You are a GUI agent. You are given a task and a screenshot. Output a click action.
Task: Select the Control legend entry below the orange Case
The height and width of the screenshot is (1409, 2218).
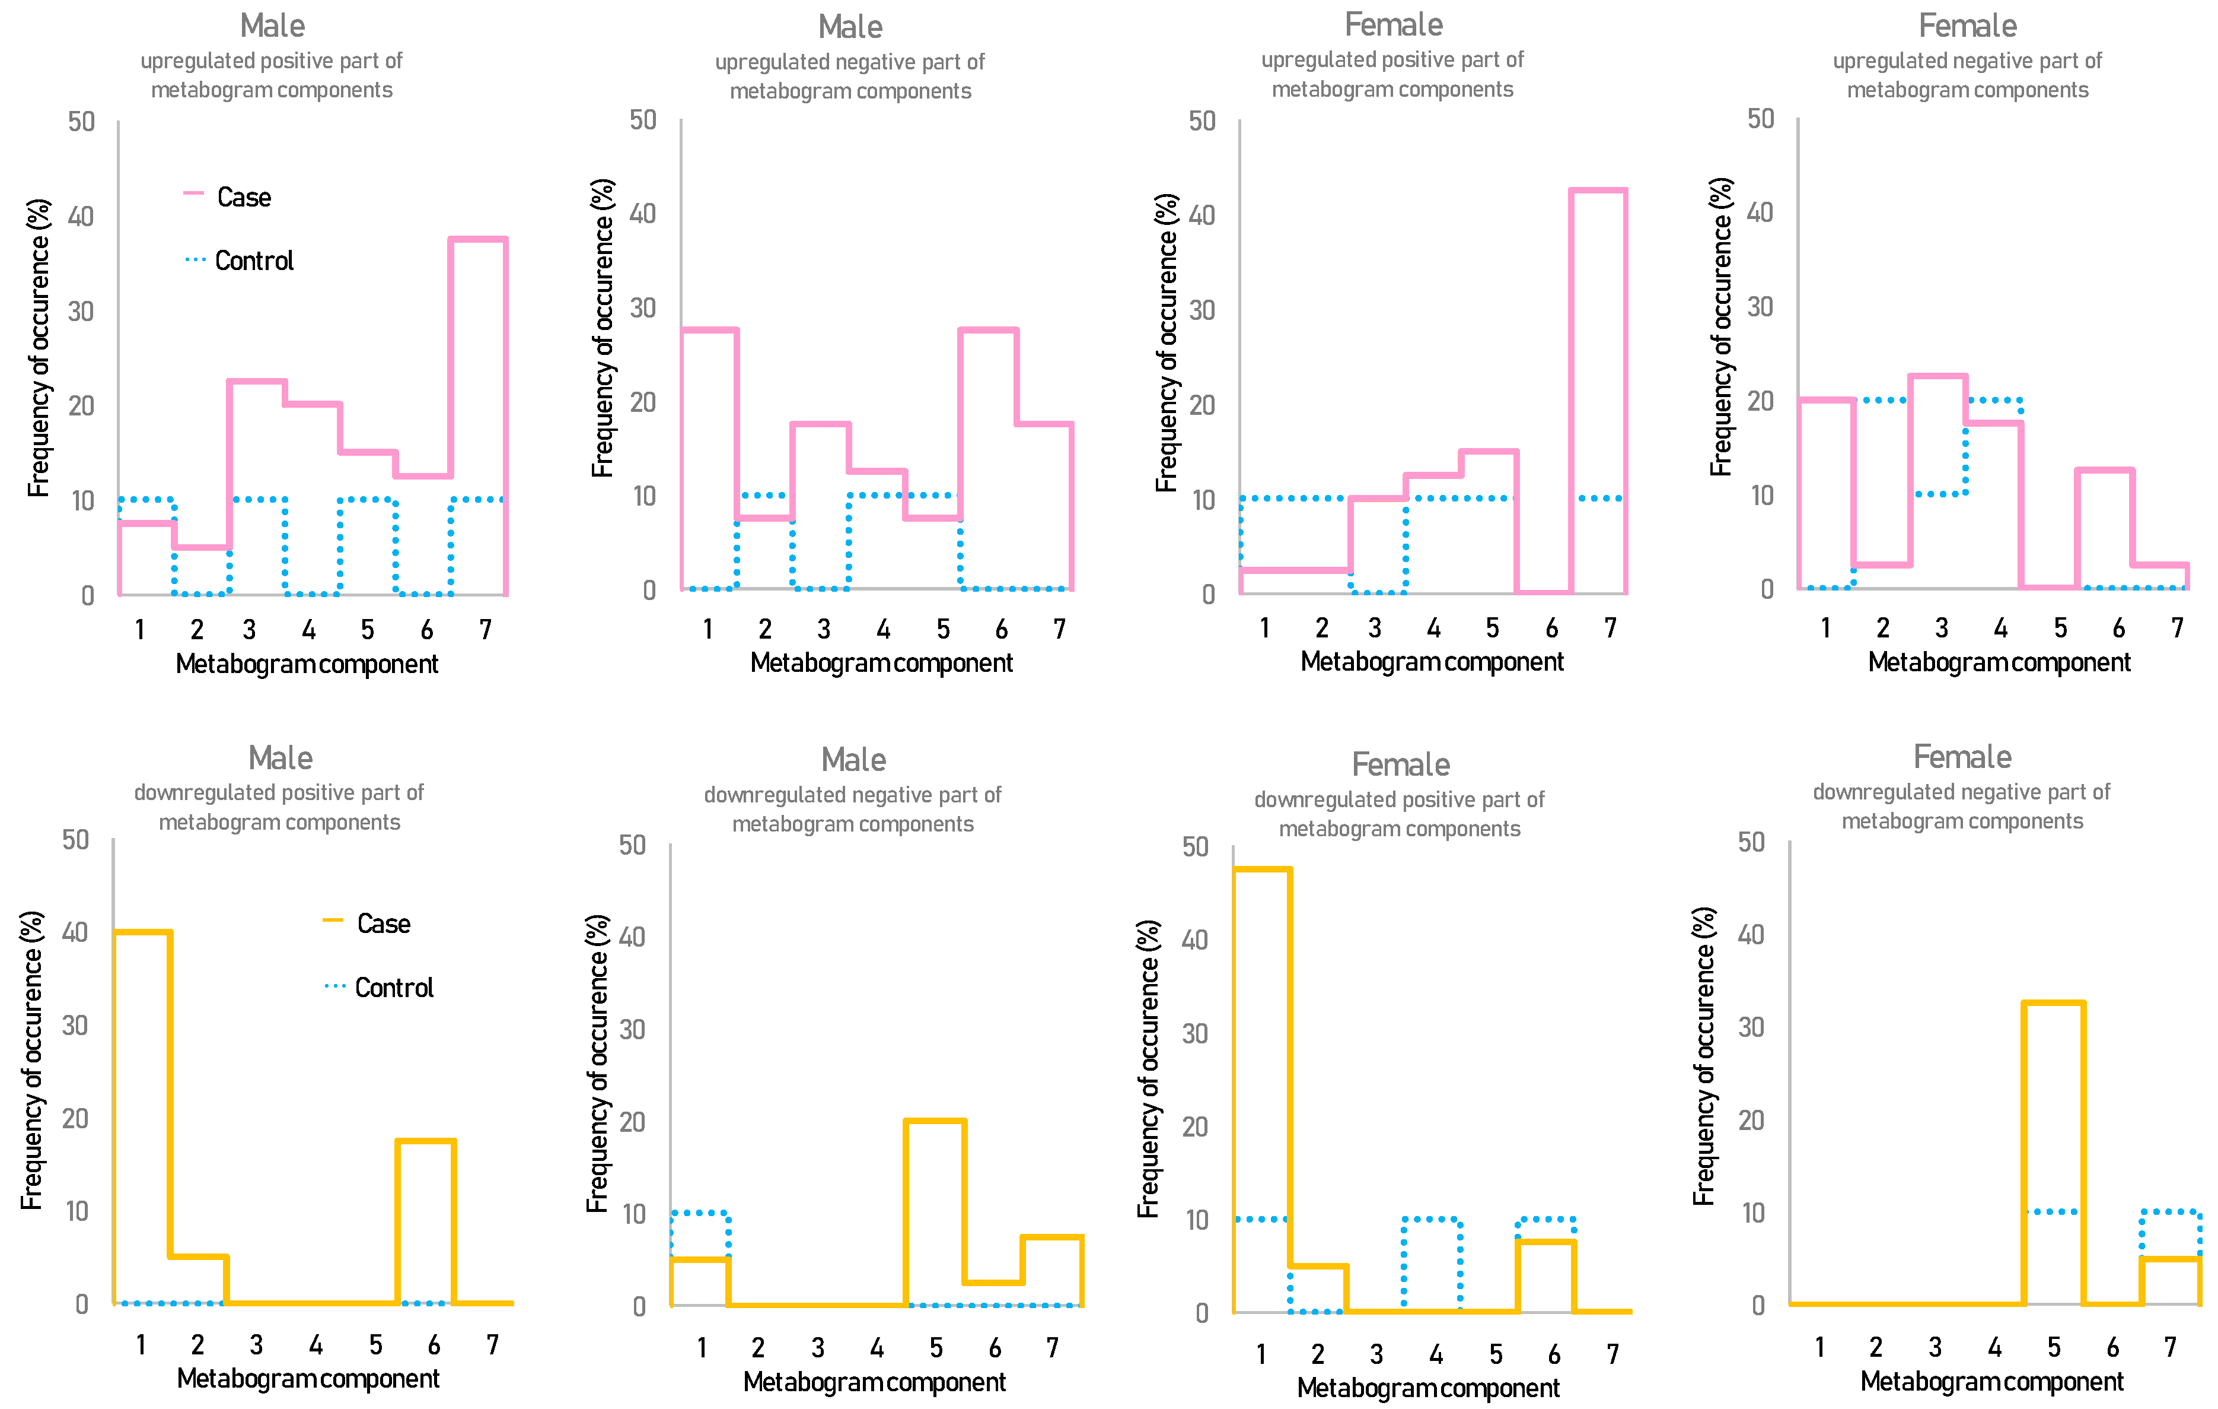coord(380,987)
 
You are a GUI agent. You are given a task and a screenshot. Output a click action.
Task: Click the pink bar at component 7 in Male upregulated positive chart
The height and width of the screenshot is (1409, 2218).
coord(478,415)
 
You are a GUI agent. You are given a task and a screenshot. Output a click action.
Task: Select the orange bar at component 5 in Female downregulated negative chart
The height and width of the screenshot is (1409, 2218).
coord(2053,1152)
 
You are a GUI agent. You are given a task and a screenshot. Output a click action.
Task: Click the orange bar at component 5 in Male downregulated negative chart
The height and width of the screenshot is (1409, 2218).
coord(935,1212)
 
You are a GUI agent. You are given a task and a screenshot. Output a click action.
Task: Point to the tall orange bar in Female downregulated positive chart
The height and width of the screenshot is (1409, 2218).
coord(1262,1087)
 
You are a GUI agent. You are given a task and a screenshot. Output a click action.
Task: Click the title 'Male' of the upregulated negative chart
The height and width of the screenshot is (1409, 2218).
coord(850,27)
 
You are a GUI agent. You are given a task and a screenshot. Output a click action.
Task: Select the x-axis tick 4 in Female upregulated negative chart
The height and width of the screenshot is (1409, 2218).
coord(2000,627)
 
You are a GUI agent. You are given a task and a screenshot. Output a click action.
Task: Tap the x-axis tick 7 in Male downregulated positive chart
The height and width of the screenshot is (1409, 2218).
coord(493,1344)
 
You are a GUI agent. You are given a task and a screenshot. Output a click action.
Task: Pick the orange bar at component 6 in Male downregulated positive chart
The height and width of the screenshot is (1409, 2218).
coord(426,1221)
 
